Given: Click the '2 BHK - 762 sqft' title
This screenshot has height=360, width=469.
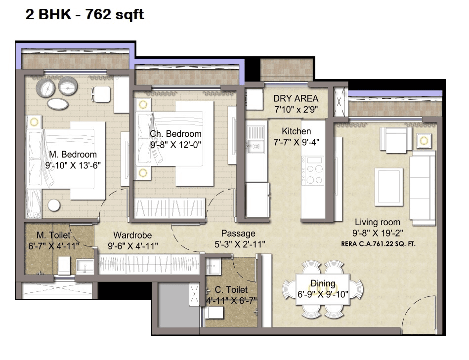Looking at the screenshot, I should (x=85, y=15).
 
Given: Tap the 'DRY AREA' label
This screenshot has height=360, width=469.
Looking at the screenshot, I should (x=296, y=98).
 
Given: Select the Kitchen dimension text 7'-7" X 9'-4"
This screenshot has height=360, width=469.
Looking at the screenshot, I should (x=296, y=142).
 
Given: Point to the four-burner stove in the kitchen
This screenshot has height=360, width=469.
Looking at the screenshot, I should (x=312, y=171).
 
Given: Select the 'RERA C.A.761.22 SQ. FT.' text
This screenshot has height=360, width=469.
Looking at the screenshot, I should (x=378, y=243).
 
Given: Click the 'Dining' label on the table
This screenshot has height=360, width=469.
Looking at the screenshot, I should (x=323, y=283).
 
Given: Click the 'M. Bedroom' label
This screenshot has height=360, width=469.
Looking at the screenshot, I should (x=73, y=155).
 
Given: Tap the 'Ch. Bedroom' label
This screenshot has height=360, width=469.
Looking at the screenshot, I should (x=175, y=134).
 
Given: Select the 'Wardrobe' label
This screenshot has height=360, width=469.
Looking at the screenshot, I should (x=132, y=235).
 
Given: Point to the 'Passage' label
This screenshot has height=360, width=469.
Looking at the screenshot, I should (x=238, y=233).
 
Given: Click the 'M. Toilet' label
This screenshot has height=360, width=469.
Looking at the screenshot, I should (x=53, y=235).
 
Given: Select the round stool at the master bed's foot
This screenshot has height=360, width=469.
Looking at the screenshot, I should (x=54, y=205).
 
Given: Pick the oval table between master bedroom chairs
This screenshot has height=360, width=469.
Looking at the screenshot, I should (x=58, y=104).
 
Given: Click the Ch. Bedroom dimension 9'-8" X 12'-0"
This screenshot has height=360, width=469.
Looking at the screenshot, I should (x=176, y=145).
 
